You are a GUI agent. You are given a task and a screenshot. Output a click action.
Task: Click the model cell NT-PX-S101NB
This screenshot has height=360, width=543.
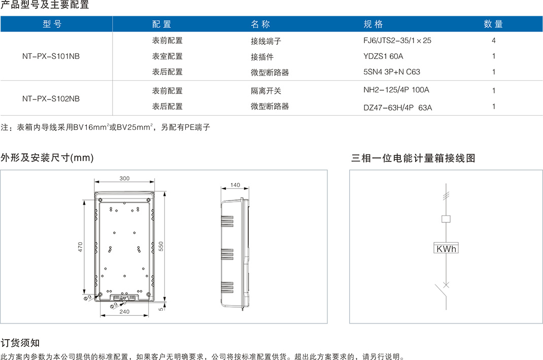51,56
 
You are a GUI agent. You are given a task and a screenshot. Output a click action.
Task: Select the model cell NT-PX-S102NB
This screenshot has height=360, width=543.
51,99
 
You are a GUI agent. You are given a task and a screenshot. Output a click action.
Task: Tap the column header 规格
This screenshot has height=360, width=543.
373,24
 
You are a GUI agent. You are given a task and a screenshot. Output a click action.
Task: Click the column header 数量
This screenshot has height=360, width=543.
493,24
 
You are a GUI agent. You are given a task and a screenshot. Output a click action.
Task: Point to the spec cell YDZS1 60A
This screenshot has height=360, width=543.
383,56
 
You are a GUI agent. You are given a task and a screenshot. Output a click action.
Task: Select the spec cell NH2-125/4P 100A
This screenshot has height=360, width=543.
396,90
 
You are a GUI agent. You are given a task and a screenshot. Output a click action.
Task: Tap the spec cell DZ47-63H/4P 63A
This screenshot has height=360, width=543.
397,107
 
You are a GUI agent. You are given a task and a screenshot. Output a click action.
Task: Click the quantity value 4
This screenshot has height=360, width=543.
493,41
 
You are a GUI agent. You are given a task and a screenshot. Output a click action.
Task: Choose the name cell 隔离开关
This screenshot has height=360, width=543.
265,91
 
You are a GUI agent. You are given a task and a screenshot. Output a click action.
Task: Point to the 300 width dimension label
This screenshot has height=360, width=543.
124,178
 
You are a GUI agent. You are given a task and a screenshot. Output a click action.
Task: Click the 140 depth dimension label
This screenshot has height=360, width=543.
235,185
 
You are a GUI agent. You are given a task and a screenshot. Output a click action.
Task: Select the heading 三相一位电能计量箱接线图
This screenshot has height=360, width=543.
413,158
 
